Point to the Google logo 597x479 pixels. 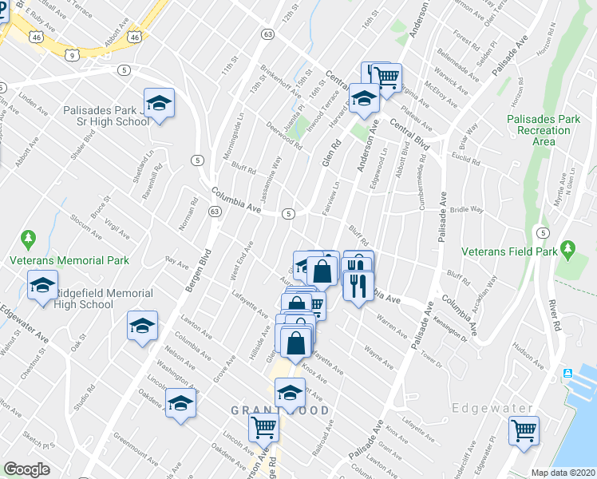click(26, 469)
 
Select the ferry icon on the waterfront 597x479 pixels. click(568, 374)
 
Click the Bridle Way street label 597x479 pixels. click(467, 209)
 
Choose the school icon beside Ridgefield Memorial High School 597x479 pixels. click(42, 285)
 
